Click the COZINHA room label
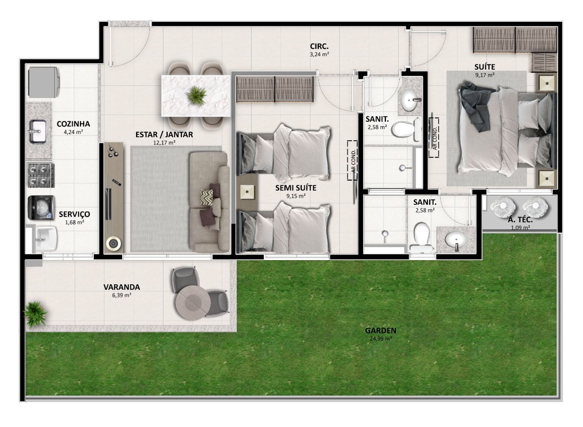click(73, 124)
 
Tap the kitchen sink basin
click(38, 131)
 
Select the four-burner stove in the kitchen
click(41, 176)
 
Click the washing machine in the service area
click(41, 207)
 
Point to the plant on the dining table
click(196, 95)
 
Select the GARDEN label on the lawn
click(380, 330)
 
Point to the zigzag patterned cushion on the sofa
click(207, 197)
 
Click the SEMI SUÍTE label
click(295, 188)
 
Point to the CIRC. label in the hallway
click(319, 46)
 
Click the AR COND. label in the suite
click(435, 138)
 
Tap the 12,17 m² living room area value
click(164, 142)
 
